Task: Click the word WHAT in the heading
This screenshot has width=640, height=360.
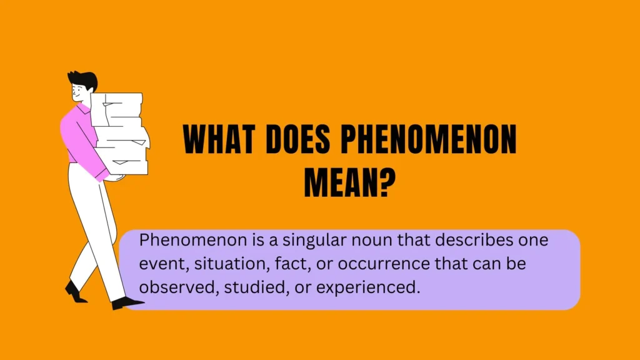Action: (x=219, y=139)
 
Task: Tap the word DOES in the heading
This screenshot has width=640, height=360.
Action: (x=297, y=139)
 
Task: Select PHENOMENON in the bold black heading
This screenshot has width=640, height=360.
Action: (x=429, y=139)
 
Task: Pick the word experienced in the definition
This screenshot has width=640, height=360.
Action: (x=368, y=288)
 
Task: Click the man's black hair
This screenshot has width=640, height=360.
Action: (x=84, y=79)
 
